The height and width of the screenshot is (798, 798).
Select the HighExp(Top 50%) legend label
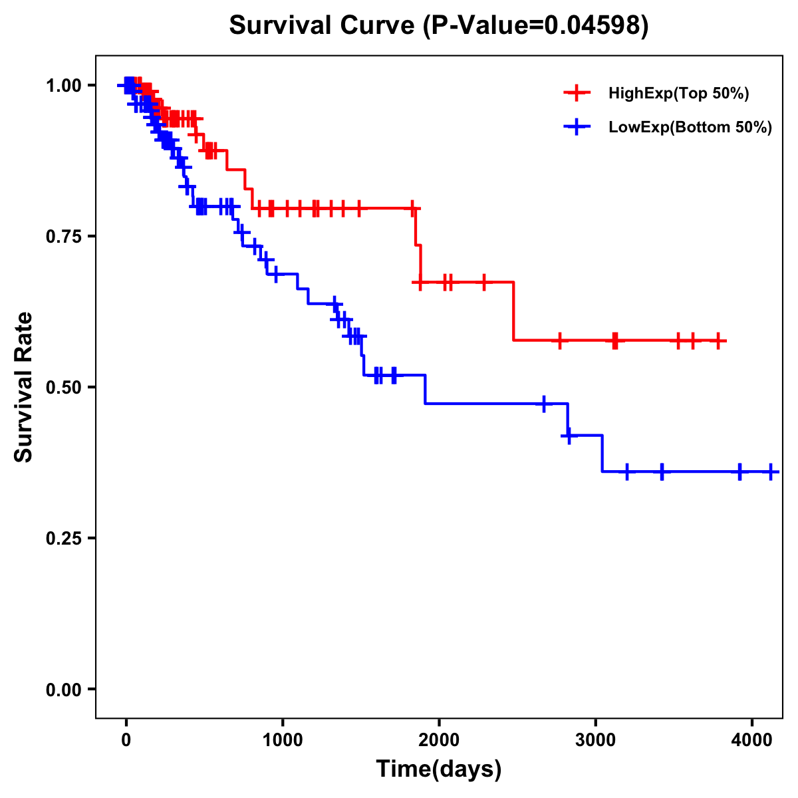(678, 94)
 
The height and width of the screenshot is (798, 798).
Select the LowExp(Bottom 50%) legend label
(690, 128)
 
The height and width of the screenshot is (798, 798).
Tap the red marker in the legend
(577, 93)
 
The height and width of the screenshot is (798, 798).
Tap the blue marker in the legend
(577, 127)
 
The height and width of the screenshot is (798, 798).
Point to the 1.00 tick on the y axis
(63, 85)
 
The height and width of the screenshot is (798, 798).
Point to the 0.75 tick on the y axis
(63, 236)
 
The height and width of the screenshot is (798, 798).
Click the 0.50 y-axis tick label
(63, 387)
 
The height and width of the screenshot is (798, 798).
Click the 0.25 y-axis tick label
(63, 538)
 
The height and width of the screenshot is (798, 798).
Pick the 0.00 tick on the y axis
(63, 689)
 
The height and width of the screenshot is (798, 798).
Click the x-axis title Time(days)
(439, 769)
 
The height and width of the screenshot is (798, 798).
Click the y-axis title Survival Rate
(24, 387)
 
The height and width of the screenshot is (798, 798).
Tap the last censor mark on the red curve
(718, 340)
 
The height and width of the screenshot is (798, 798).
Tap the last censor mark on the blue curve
(770, 471)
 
